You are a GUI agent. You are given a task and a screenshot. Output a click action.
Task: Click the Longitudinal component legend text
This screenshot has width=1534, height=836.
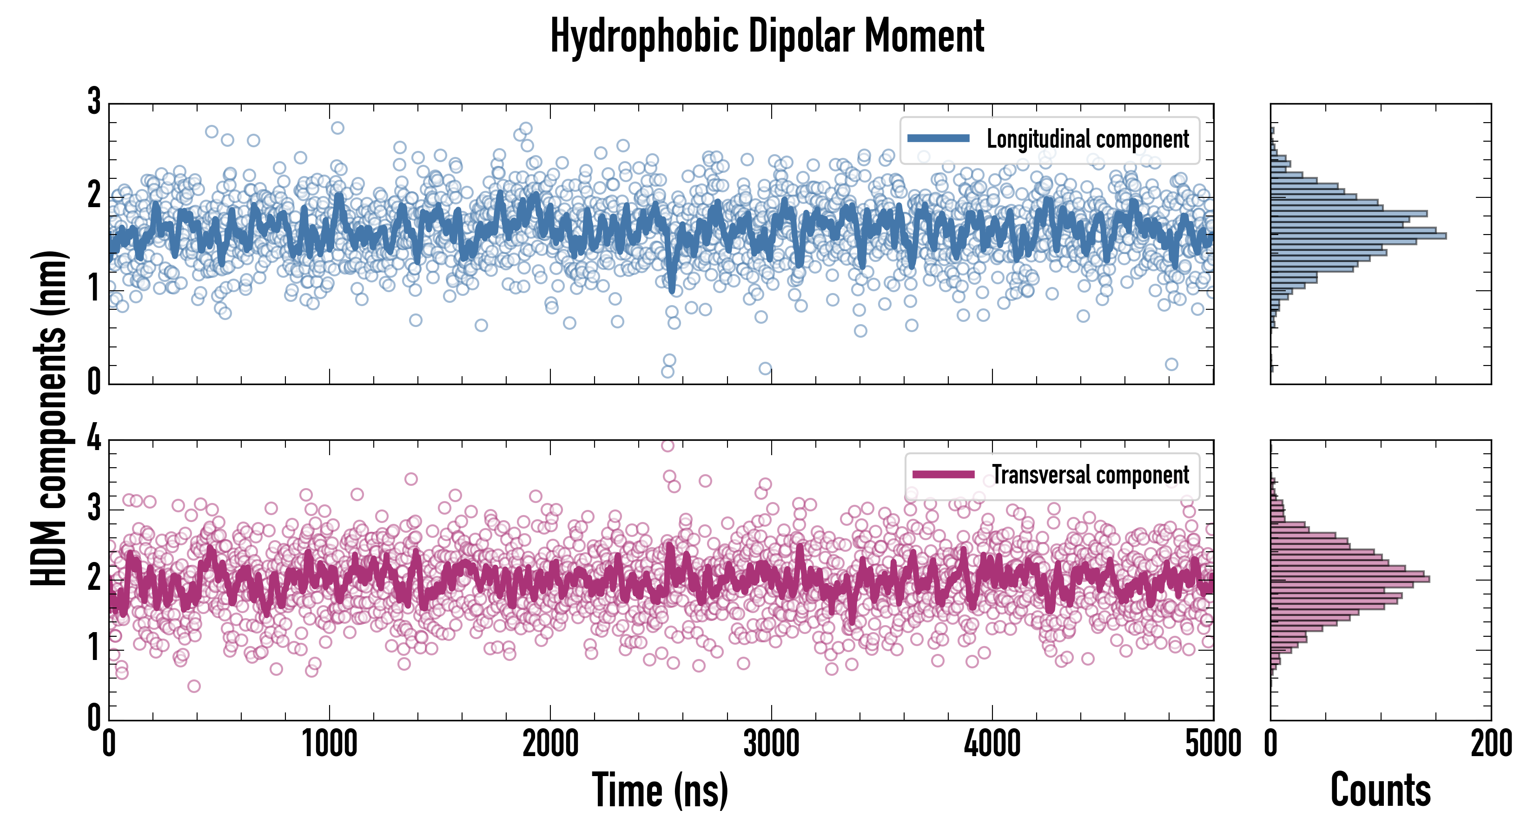tap(1087, 139)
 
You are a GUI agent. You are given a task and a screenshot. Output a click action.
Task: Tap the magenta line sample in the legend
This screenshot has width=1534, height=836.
tap(943, 474)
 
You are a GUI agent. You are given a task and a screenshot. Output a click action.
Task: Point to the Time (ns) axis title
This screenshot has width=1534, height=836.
tap(660, 790)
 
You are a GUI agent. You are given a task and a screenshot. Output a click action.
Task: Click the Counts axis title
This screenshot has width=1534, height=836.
tap(1380, 790)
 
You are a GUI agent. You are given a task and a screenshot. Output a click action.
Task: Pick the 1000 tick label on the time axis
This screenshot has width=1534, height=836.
tap(329, 744)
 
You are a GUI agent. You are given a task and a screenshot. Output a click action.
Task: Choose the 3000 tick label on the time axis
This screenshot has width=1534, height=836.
tap(771, 744)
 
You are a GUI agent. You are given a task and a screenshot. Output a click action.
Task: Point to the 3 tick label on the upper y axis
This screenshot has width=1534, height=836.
tap(94, 101)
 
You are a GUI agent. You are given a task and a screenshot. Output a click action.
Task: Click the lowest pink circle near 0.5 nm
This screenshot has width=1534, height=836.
tap(193, 686)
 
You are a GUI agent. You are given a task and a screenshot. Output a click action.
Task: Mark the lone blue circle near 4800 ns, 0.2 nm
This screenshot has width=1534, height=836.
tap(1171, 364)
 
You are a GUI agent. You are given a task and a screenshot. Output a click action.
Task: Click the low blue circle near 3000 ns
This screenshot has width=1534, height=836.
tap(765, 369)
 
